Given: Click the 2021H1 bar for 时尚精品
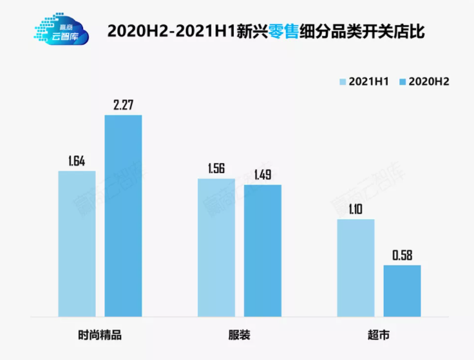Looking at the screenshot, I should coord(77,243).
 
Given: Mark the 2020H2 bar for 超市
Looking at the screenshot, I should coord(402,290).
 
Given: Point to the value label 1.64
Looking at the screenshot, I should coord(76,160).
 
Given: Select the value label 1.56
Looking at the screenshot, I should coord(216,168).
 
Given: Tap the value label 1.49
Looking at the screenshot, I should coord(263,174).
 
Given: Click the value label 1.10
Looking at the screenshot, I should coord(355,209).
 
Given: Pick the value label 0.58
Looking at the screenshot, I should coord(402,254).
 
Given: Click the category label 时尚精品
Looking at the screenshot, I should coord(100,336).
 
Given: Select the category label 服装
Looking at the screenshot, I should coord(239,336).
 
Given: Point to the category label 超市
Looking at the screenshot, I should coord(379,336).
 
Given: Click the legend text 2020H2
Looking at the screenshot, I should coord(429,82).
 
